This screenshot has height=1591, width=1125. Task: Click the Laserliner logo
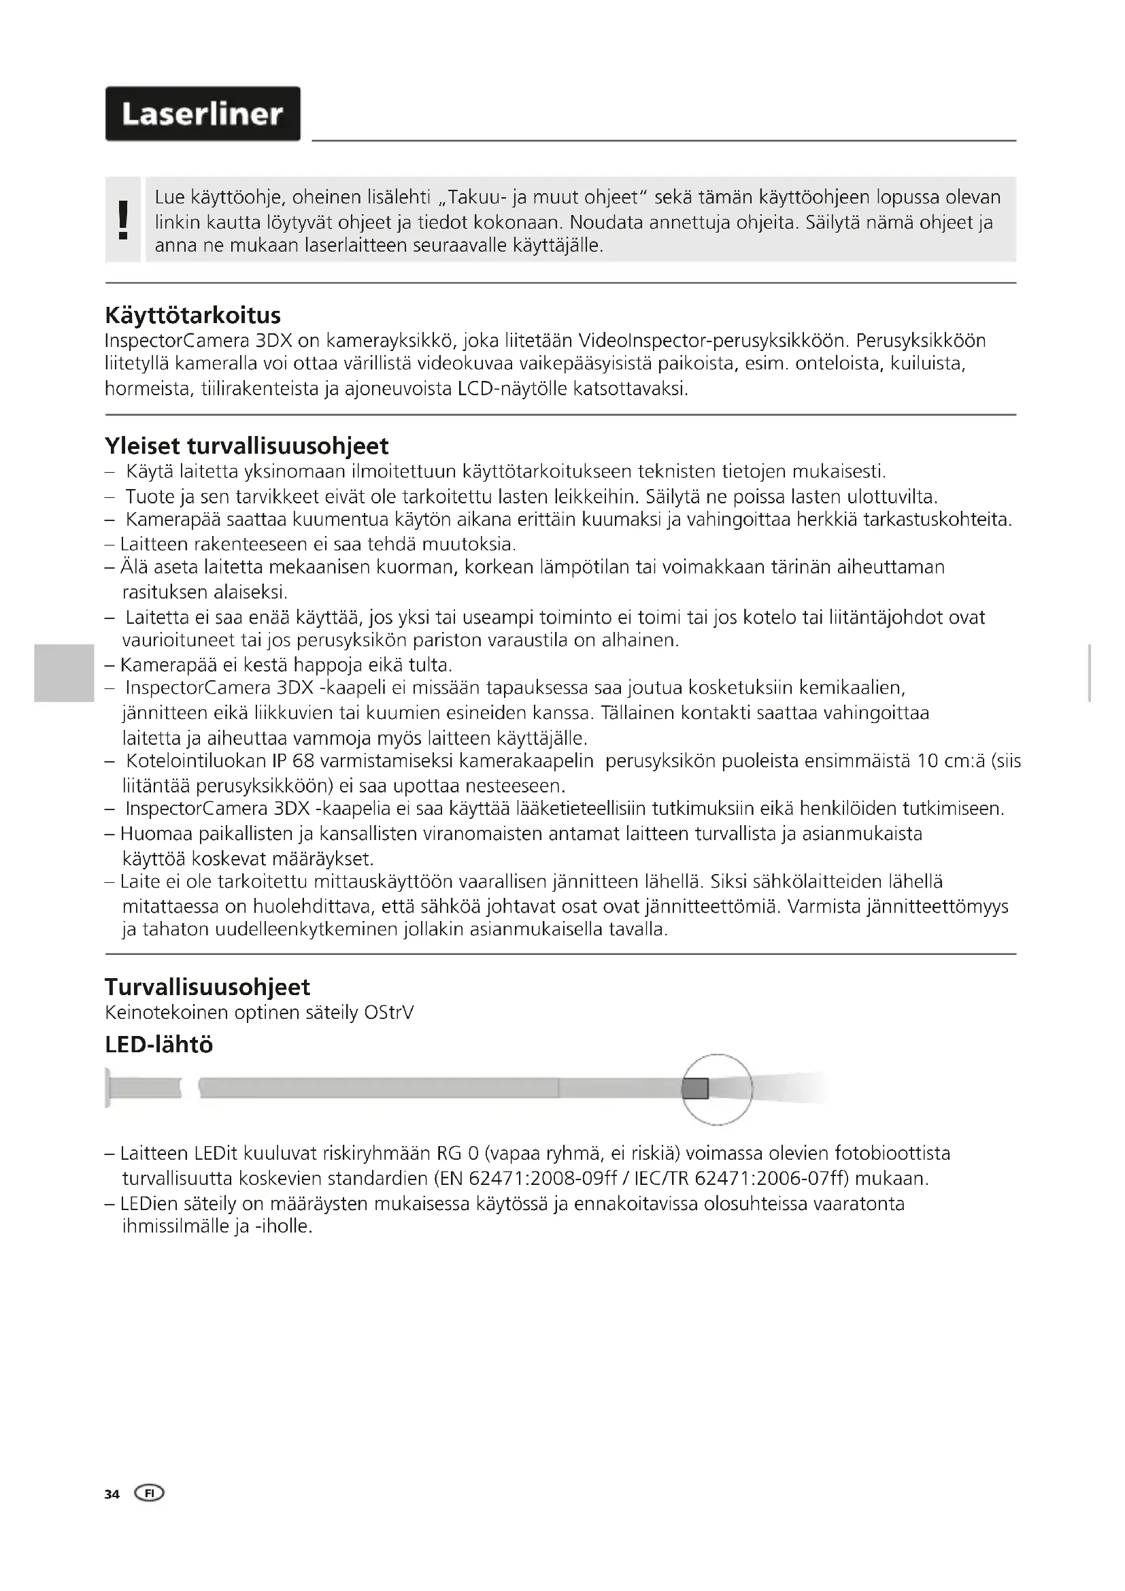[202, 114]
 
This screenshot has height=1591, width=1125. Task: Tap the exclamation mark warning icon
[123, 220]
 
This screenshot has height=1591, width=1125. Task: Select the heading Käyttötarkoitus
[192, 316]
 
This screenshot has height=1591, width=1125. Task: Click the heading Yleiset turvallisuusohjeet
[247, 446]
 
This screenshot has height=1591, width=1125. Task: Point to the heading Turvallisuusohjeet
[207, 986]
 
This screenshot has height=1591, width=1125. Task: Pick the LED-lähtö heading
[158, 1044]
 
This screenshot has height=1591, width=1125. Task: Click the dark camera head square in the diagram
[695, 1088]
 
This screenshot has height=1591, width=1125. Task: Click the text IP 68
[293, 761]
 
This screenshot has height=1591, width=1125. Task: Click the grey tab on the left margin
[63, 672]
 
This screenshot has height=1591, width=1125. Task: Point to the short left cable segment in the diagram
[145, 1088]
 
